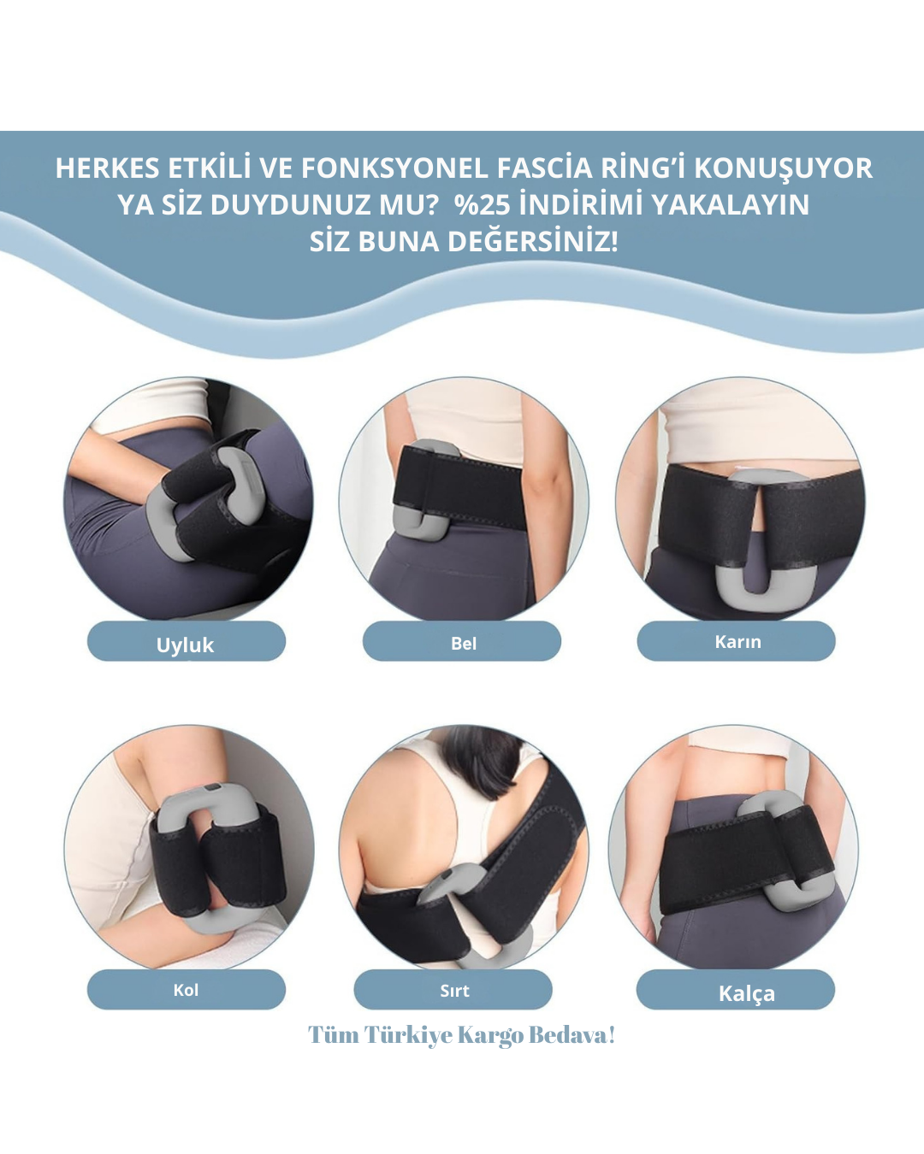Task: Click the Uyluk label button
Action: coord(186,641)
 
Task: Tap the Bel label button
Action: coord(462,641)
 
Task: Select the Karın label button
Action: coord(736,641)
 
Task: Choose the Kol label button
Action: coord(186,989)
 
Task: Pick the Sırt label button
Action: coord(453,989)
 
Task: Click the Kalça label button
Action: coord(736,989)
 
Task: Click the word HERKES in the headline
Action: coord(108,168)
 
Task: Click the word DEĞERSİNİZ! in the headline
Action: coord(533,241)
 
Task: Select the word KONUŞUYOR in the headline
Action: coord(784,169)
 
